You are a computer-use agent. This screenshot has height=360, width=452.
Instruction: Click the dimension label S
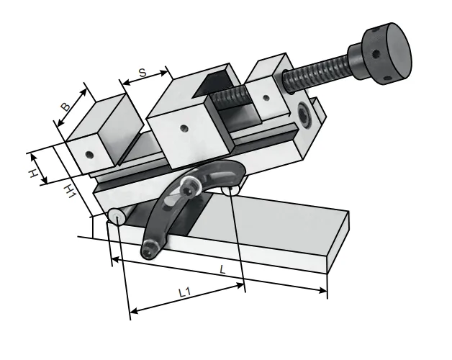(x=143, y=73)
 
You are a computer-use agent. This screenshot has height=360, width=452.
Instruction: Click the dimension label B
(x=65, y=107)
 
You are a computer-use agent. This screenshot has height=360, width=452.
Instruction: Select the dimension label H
(x=33, y=174)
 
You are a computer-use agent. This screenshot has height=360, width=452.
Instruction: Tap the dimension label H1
(x=70, y=192)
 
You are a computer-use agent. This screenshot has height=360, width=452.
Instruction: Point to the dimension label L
(x=222, y=270)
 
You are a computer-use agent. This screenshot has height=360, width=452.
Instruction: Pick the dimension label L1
(x=185, y=293)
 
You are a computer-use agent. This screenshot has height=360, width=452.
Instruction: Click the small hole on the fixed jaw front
(x=90, y=155)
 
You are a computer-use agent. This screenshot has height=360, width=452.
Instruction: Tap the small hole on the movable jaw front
(x=184, y=127)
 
